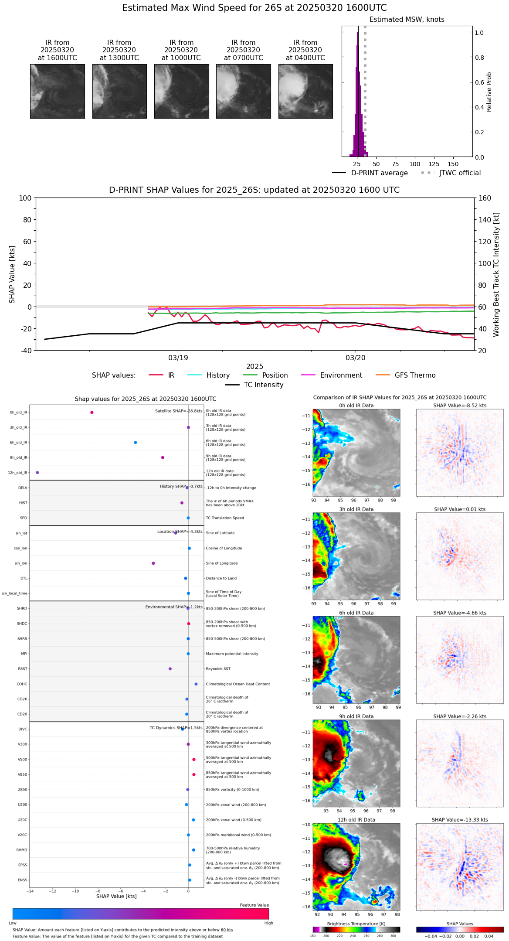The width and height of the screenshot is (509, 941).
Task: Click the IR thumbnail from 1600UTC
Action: pos(58,91)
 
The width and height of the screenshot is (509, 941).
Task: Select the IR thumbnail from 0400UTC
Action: pos(305,91)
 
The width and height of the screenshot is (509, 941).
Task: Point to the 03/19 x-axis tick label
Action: pos(178,358)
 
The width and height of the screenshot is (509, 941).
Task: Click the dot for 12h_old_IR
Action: pos(37,473)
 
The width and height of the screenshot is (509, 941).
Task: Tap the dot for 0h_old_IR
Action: pos(92,413)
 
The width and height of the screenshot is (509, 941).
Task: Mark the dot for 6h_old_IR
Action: pos(136,443)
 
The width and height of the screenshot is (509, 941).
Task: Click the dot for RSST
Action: pos(170,669)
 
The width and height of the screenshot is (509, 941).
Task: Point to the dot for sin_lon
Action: pos(153,563)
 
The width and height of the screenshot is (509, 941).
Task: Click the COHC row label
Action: pos(22,684)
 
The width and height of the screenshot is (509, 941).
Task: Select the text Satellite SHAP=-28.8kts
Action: pos(179,411)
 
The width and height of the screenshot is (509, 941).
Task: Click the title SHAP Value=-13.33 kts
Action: pos(460,820)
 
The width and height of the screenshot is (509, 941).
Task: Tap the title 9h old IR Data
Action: pos(356,716)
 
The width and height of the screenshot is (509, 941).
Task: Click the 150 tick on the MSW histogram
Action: pos(453,164)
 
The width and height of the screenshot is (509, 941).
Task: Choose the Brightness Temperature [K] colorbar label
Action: pos(356,924)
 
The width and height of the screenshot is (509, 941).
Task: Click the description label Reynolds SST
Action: pos(218,669)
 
